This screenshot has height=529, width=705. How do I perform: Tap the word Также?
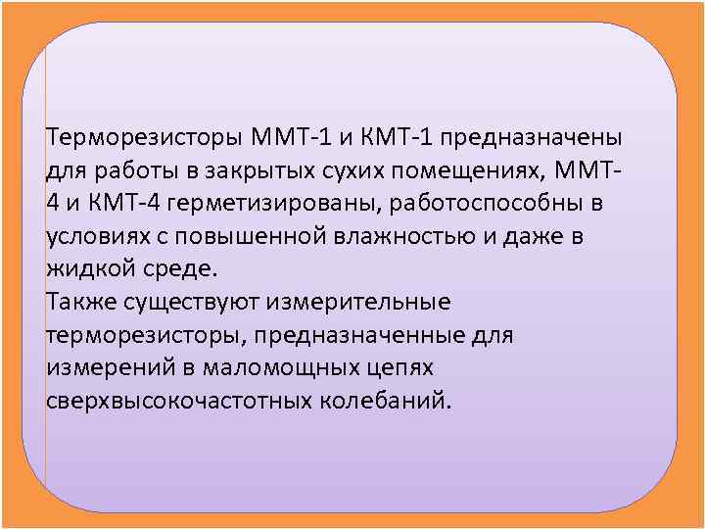click(74, 302)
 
